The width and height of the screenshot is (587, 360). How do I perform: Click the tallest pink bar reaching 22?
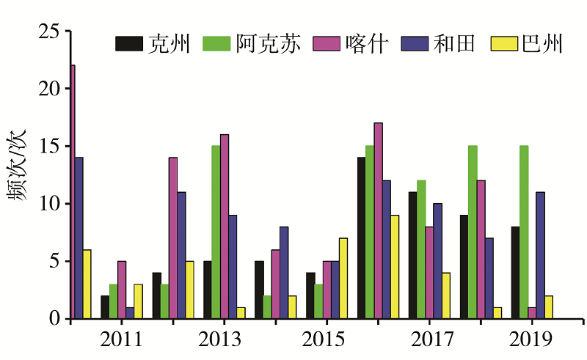[73, 192]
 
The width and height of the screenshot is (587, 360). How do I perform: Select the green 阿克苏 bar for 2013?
[216, 232]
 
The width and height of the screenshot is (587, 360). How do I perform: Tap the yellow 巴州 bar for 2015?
[343, 279]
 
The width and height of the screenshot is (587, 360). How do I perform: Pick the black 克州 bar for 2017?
[413, 255]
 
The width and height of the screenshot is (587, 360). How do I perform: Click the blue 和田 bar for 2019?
[540, 255]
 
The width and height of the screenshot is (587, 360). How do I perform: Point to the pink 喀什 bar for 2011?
[122, 290]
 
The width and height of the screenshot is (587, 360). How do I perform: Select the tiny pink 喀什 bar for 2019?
[532, 313]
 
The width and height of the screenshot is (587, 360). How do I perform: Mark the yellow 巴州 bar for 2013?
[241, 313]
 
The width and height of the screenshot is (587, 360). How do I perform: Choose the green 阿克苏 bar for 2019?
[524, 232]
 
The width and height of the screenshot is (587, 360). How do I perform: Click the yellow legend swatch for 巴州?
[500, 44]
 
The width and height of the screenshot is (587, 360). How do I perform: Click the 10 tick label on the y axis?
[48, 204]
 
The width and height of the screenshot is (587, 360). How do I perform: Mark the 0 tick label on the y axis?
[53, 319]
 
